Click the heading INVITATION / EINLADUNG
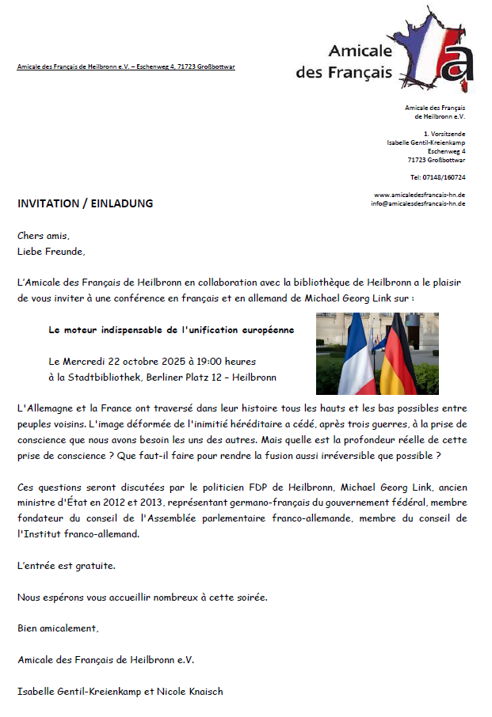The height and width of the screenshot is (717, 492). [x=85, y=203]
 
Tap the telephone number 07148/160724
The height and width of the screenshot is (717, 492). [x=443, y=177]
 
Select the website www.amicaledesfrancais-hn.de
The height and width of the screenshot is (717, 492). [x=419, y=195]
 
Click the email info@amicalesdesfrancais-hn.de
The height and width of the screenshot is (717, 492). [x=418, y=203]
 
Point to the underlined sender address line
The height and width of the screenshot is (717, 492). [x=126, y=66]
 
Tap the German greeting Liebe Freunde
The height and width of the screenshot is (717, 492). [x=51, y=252]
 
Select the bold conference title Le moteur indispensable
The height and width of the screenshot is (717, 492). [x=171, y=329]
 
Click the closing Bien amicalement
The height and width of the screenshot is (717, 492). [x=58, y=628]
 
